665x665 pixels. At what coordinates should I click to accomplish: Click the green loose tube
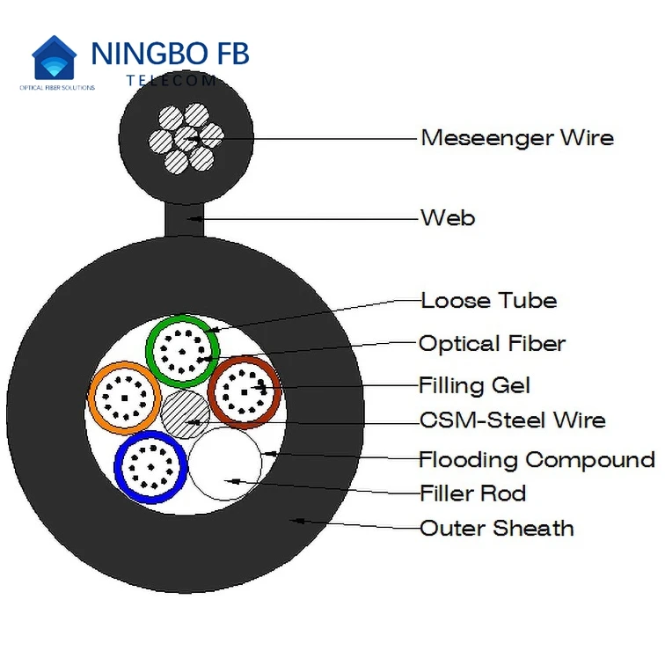tap(182, 349)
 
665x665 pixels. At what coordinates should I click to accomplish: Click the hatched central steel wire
tap(186, 414)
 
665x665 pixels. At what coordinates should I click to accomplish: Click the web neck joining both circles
tap(186, 218)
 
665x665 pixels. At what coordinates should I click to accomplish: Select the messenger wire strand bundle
tap(186, 139)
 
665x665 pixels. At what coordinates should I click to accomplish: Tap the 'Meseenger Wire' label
tap(516, 138)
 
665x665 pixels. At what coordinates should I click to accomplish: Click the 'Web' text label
tap(448, 217)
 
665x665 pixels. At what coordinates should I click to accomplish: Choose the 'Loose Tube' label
tap(488, 301)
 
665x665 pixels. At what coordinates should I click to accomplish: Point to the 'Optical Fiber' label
tap(492, 344)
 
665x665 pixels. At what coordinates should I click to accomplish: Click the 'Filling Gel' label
tap(474, 385)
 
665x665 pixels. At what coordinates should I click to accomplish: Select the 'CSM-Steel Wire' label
tap(512, 420)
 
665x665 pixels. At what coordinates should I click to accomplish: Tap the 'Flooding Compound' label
tap(537, 459)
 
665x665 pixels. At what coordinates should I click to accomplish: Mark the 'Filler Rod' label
tap(472, 493)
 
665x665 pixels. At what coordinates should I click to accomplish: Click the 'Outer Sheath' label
tap(496, 529)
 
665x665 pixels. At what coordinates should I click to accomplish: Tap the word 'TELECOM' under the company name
tap(171, 80)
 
